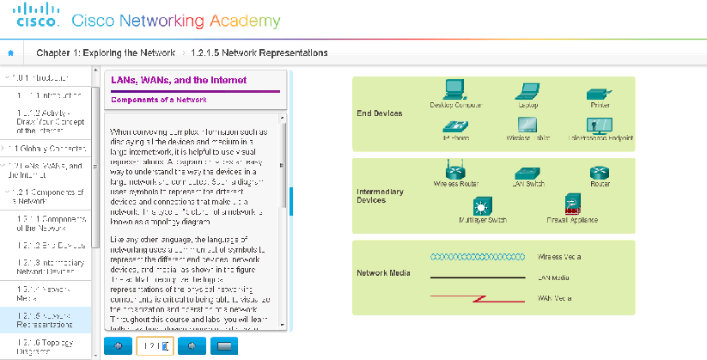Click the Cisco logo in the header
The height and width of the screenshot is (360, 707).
pos(34,16)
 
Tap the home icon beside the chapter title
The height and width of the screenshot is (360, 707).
pos(11,52)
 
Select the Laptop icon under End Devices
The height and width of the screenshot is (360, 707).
pos(528,90)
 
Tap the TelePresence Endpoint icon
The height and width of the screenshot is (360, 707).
pos(599,125)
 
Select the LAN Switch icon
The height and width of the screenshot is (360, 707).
pos(528,173)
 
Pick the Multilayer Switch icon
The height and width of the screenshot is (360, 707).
pos(483,206)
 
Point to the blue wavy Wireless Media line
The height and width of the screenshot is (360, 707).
pos(477,256)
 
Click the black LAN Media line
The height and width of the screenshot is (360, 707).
pos(477,278)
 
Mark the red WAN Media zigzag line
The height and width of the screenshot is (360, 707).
pos(477,298)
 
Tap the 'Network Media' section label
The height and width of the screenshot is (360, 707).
pos(382,274)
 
